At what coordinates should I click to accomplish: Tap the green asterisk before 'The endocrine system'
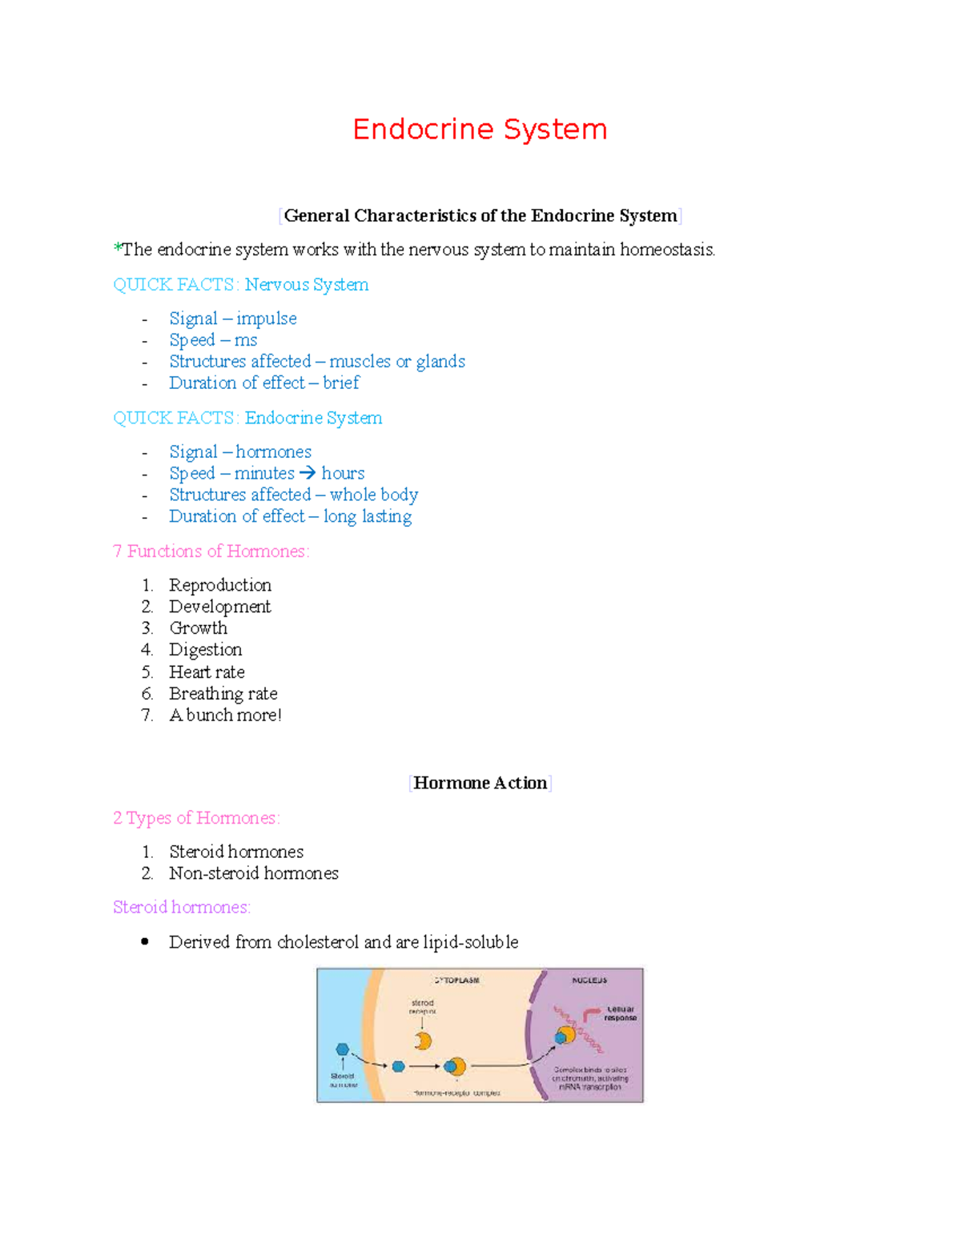pyautogui.click(x=118, y=248)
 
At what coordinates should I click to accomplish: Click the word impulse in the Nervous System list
pyautogui.click(x=266, y=319)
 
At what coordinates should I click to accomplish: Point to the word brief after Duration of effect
pyautogui.click(x=341, y=383)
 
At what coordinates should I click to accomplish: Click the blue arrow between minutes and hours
pyautogui.click(x=308, y=473)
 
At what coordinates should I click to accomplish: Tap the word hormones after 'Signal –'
pyautogui.click(x=273, y=452)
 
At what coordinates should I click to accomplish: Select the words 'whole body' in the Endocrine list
pyautogui.click(x=373, y=495)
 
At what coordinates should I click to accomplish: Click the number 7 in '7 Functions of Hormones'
pyautogui.click(x=118, y=551)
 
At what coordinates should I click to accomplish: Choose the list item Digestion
pyautogui.click(x=205, y=650)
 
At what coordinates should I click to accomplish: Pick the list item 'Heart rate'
pyautogui.click(x=207, y=672)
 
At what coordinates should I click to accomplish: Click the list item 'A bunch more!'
pyautogui.click(x=225, y=716)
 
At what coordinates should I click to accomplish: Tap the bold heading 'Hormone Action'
pyautogui.click(x=480, y=784)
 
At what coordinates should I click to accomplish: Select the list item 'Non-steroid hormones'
pyautogui.click(x=253, y=873)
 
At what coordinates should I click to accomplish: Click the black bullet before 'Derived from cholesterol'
pyautogui.click(x=145, y=942)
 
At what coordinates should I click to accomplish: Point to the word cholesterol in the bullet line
pyautogui.click(x=318, y=942)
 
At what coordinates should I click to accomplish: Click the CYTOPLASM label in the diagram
pyautogui.click(x=457, y=980)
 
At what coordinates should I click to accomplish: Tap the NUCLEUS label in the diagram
pyautogui.click(x=589, y=980)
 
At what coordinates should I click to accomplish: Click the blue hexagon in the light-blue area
pyautogui.click(x=343, y=1049)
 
